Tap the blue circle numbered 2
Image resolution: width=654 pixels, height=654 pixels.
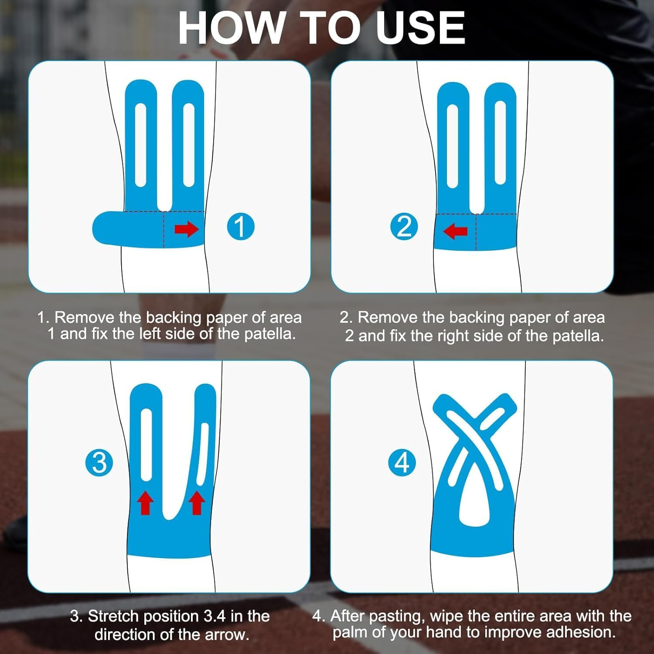tap(404, 226)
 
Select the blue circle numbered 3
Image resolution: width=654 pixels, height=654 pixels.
tap(99, 462)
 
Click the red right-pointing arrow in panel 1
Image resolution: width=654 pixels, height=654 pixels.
tap(186, 228)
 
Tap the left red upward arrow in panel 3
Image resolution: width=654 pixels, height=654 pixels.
tap(146, 502)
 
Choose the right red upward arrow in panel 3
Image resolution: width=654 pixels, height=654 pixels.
tap(197, 502)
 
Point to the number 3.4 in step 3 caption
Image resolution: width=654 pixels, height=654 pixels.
tap(215, 616)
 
